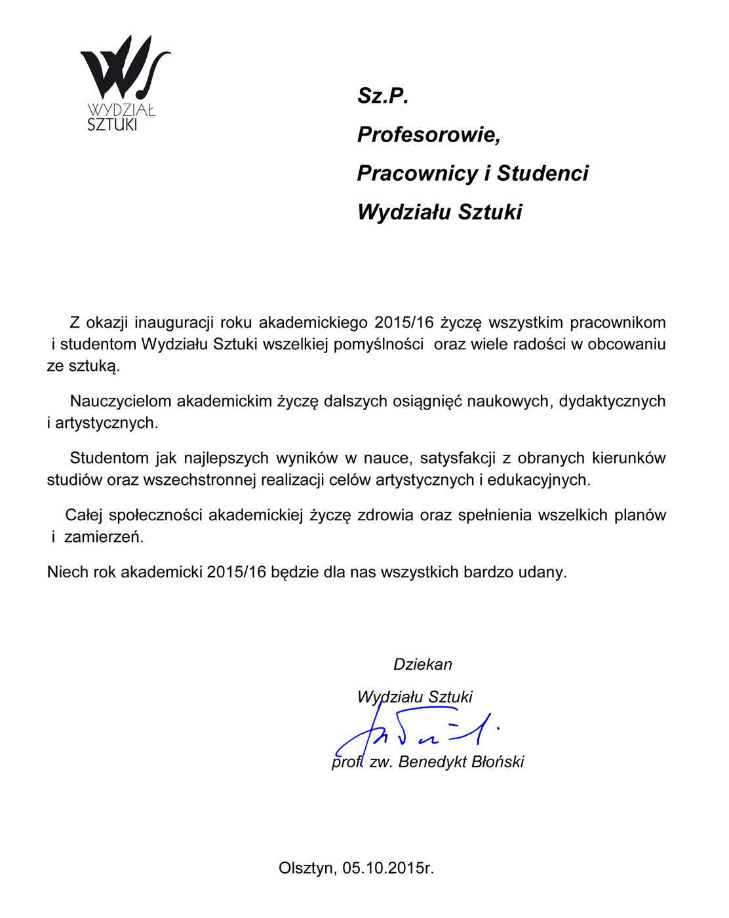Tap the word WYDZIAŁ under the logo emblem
point(121,110)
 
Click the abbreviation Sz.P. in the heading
point(383,96)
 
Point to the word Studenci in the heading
point(542,174)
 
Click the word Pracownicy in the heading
point(417,174)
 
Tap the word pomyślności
point(378,344)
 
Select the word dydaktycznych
point(612,401)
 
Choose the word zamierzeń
point(104,537)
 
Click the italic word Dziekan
point(423,664)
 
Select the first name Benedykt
point(428,762)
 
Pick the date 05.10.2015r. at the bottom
point(388,868)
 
